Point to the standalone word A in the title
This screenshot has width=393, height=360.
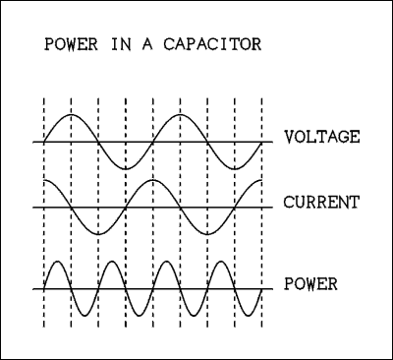(x=153, y=45)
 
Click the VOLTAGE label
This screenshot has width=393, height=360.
(x=322, y=137)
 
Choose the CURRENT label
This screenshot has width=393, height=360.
(x=322, y=203)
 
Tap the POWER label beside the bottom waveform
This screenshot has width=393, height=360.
(x=311, y=285)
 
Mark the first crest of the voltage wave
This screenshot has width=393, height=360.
(x=72, y=115)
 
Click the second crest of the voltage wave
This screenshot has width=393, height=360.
(x=180, y=115)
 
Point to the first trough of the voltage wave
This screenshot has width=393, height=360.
(x=126, y=169)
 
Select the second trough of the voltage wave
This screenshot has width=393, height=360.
(x=234, y=169)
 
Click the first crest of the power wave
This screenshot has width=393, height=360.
(x=58, y=262)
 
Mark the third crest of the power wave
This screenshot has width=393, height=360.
(x=167, y=262)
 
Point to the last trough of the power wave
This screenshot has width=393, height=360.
(x=249, y=315)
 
